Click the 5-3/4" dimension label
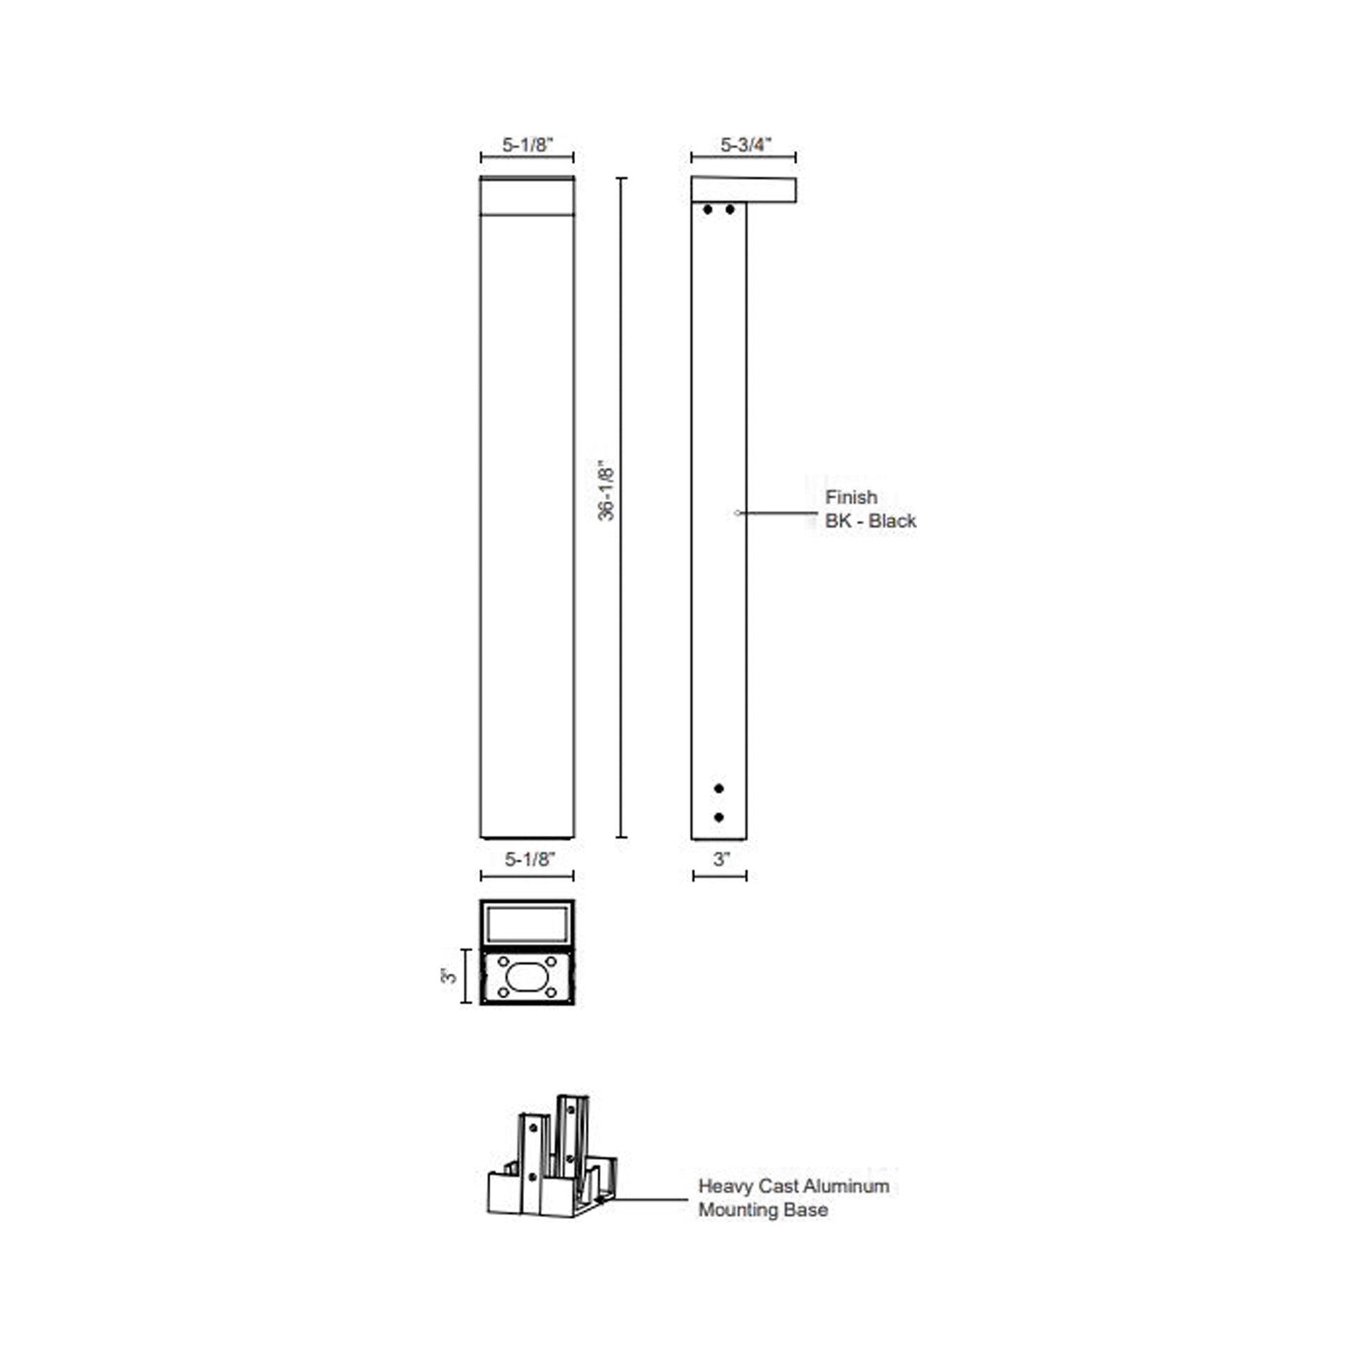pos(745,144)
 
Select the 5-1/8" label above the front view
pos(527,144)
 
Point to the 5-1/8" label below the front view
pos(529,859)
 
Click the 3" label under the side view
pos(721,859)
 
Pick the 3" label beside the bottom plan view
pos(449,976)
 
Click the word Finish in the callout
pos(851,498)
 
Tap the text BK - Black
pos(870,521)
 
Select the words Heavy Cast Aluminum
pos(793,1186)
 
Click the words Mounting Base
pos(763,1209)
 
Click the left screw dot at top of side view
pos(707,209)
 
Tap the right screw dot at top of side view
pos(731,209)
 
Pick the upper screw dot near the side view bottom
pos(718,789)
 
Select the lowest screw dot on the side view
pos(718,817)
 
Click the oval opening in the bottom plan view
pos(526,977)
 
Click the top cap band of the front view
pos(526,196)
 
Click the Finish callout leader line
pos(777,513)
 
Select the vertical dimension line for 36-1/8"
pos(621,633)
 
